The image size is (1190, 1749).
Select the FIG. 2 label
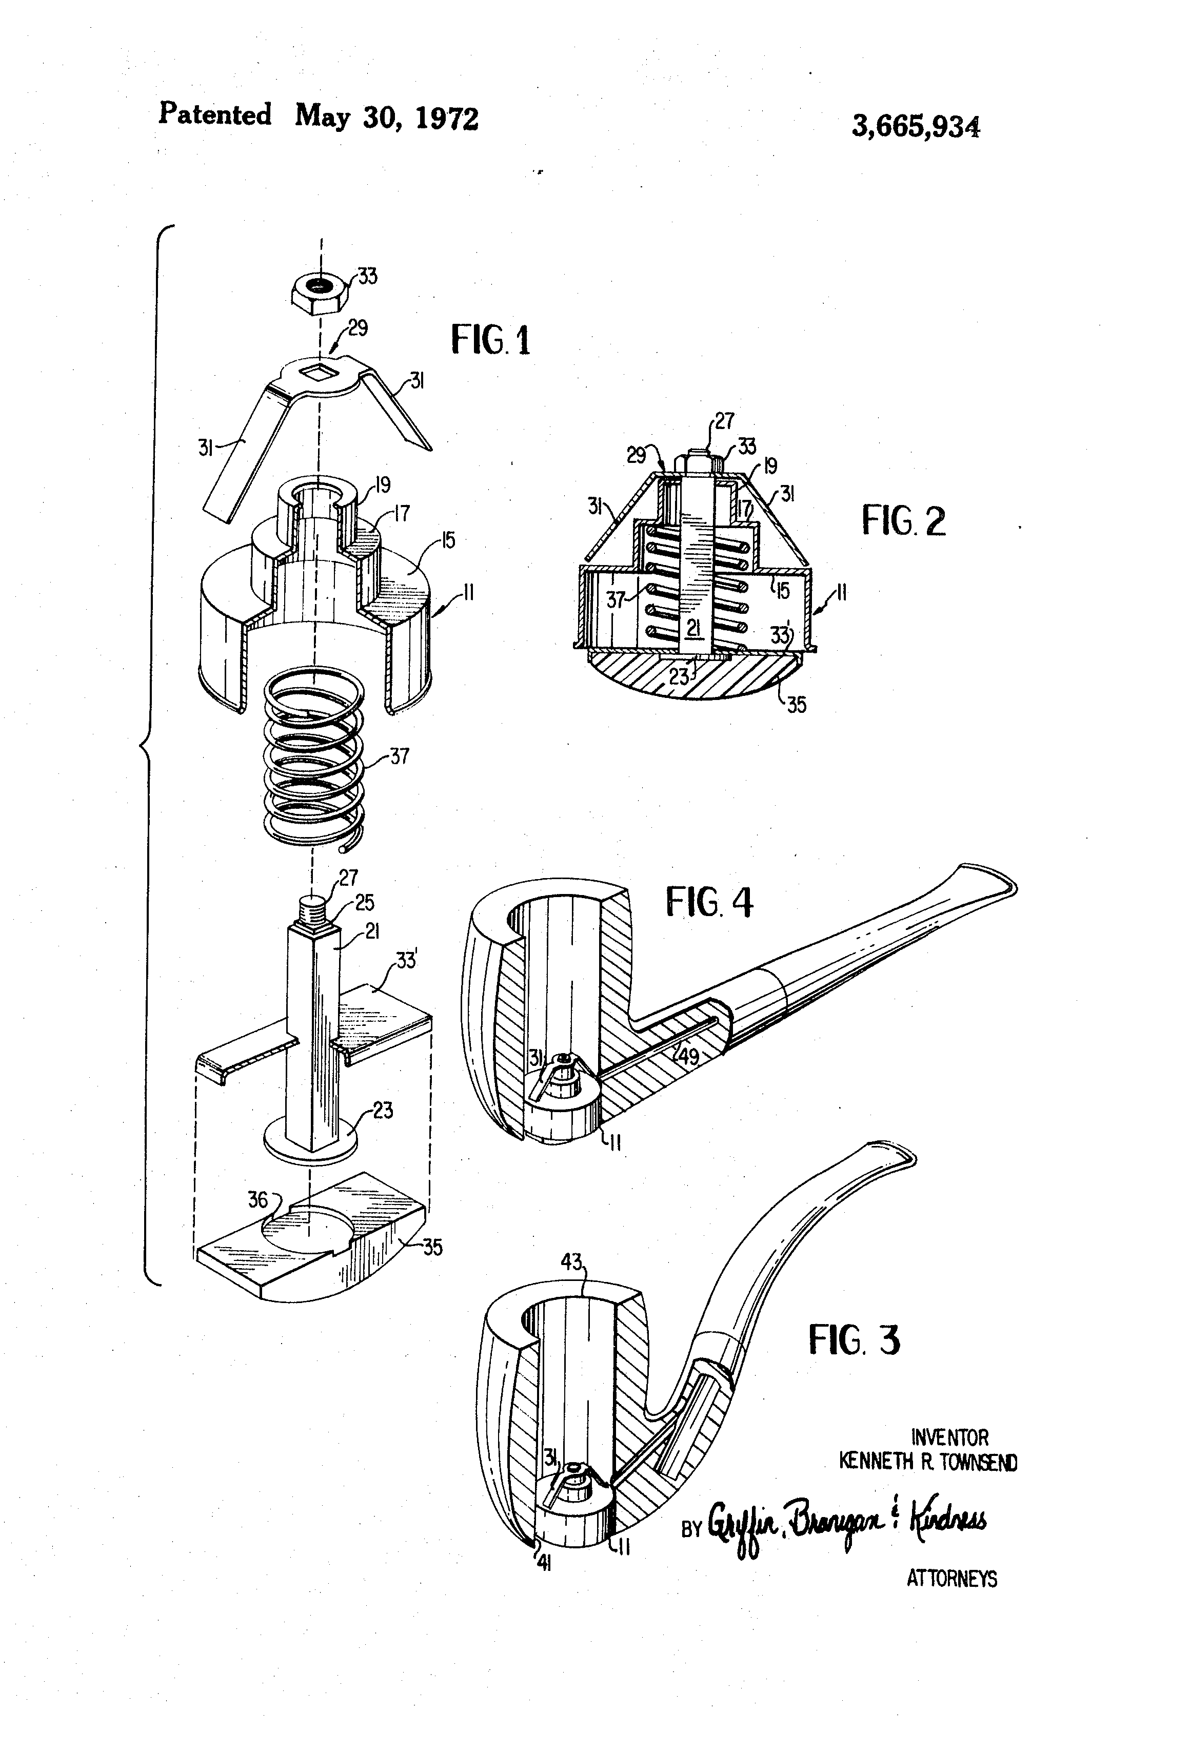pos(903,521)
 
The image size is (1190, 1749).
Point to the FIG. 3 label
pos(854,1339)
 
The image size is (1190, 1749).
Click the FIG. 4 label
pos(708,902)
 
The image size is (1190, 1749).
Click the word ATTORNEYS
pos(951,1578)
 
